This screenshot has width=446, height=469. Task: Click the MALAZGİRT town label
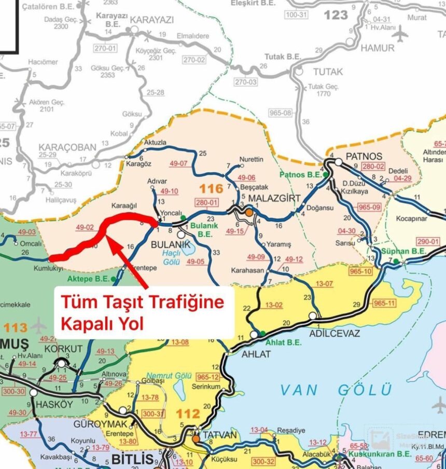click(x=275, y=199)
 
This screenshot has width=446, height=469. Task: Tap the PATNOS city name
click(x=364, y=156)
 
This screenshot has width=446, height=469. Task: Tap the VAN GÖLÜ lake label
click(x=336, y=389)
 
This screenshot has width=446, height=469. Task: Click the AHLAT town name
click(x=256, y=354)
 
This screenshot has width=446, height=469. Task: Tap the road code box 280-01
click(x=204, y=203)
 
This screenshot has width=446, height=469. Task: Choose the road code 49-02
click(x=85, y=227)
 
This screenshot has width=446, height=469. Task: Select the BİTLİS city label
click(x=132, y=459)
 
